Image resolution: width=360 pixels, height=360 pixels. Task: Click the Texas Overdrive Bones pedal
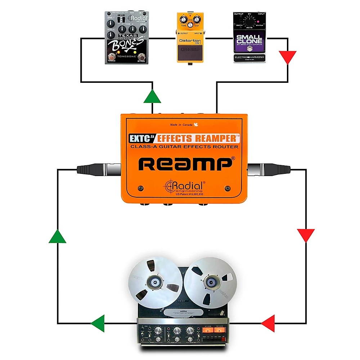[126, 38]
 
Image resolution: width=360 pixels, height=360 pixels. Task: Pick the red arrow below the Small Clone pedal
[288, 57]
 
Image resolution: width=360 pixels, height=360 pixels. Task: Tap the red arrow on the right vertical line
[306, 235]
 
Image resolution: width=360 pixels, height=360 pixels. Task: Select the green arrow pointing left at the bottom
[98, 323]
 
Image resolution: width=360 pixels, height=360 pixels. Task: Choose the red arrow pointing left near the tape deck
[268, 323]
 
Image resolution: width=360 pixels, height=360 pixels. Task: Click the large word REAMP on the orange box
[185, 164]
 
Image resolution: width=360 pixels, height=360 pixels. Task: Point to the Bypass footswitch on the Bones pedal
[142, 58]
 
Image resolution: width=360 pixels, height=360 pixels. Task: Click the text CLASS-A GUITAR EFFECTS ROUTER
[184, 147]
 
